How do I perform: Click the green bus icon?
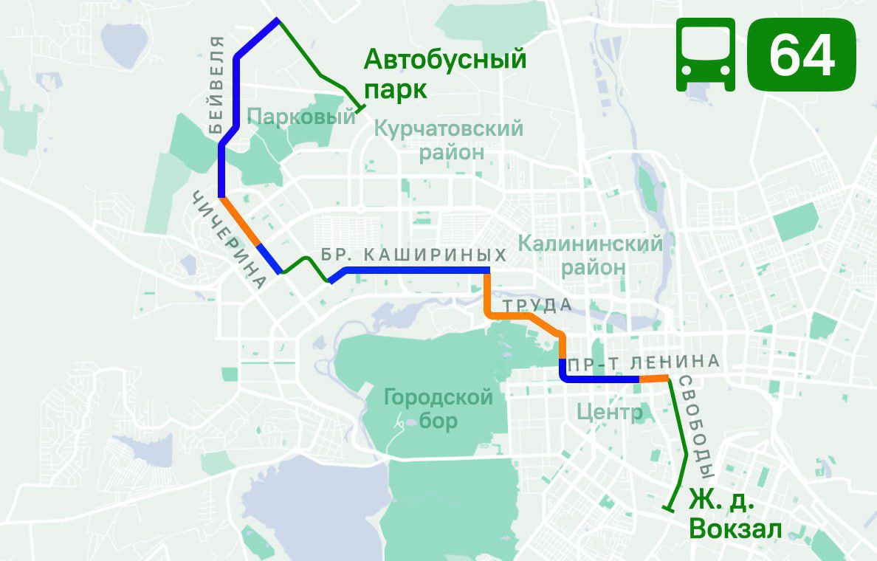coord(706,55)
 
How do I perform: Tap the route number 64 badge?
coord(802,55)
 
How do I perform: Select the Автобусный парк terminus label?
coord(444,74)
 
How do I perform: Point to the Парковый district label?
coord(302,116)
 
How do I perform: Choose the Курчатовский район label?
coord(449,140)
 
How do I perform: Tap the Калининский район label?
coord(591,255)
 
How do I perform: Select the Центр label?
coord(610,412)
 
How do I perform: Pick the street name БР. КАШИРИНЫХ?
coord(414,256)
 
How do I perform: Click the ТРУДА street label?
coord(537,305)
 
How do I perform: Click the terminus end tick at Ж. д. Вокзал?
coord(669,508)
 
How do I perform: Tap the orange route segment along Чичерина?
coord(241,221)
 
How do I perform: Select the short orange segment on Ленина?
coord(653,379)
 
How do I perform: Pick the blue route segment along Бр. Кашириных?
coord(413,271)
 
